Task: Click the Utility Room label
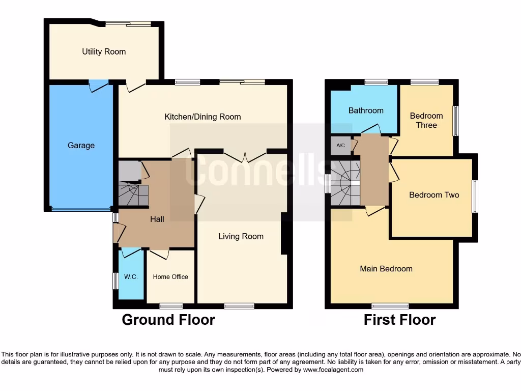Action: [x=104, y=51]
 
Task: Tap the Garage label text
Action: [x=81, y=146]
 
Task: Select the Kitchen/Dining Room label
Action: [x=202, y=117]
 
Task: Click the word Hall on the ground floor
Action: [x=157, y=219]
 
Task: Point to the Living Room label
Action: [x=241, y=236]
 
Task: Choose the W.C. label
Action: [x=131, y=277]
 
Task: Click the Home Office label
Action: [x=170, y=277]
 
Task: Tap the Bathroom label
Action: [x=366, y=110]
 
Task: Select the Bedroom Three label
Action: [x=426, y=120]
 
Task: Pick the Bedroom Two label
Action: [x=434, y=195]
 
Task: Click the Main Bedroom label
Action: [x=386, y=268]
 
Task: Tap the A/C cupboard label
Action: [x=340, y=145]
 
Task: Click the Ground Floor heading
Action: [x=168, y=320]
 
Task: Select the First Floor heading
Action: [x=399, y=320]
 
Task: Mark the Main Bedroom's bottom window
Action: [x=390, y=306]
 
